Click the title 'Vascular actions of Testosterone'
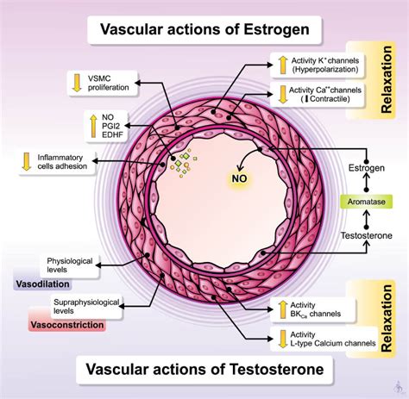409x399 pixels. coord(204,371)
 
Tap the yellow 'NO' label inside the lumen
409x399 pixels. coord(237,178)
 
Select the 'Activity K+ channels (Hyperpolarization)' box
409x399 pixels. coord(314,63)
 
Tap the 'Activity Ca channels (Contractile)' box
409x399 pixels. coord(314,96)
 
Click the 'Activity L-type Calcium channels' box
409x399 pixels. coord(314,340)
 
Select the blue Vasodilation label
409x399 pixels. coord(42,284)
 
